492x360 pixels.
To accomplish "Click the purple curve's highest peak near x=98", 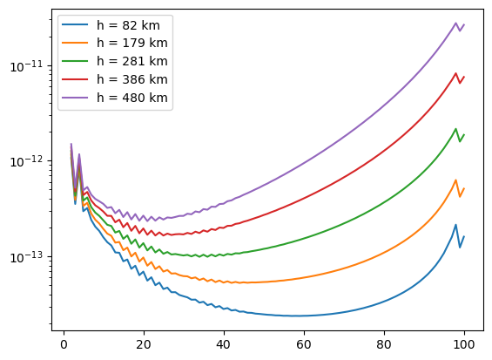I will coord(455,24).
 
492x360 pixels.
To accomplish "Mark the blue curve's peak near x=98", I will coord(455,225).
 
